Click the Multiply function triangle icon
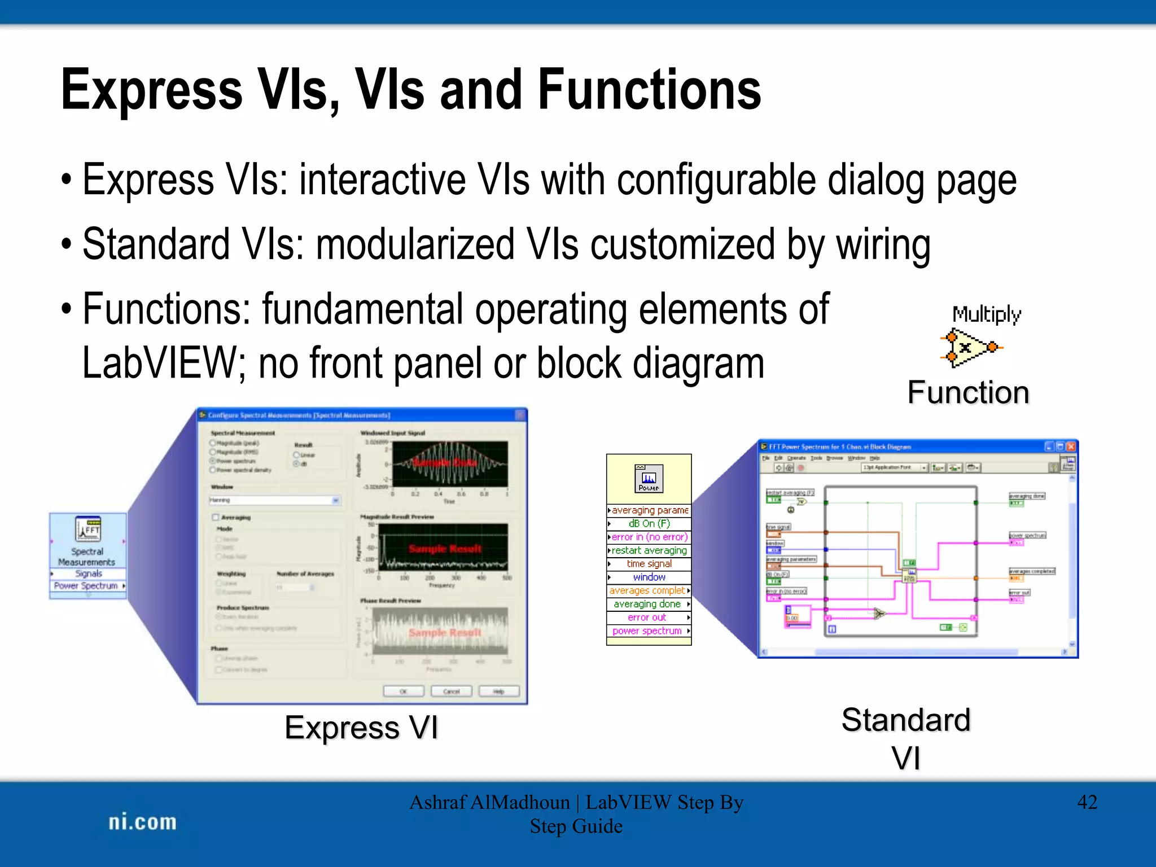coord(968,347)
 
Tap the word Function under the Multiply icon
coord(968,393)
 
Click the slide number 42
coord(1087,802)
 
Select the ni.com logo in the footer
coord(142,822)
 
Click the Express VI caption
coord(361,728)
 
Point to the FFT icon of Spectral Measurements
coord(88,529)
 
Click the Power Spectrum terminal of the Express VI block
coord(86,586)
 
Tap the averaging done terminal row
coord(647,604)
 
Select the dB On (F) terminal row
coord(649,523)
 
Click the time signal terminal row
coord(649,563)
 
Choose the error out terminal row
coord(647,618)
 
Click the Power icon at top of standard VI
coord(649,479)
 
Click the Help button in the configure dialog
coord(498,691)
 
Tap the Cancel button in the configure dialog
coord(451,691)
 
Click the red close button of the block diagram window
coord(1071,446)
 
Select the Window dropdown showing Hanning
coord(275,500)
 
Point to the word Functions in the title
coord(649,90)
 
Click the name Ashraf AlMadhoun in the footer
coord(489,802)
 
